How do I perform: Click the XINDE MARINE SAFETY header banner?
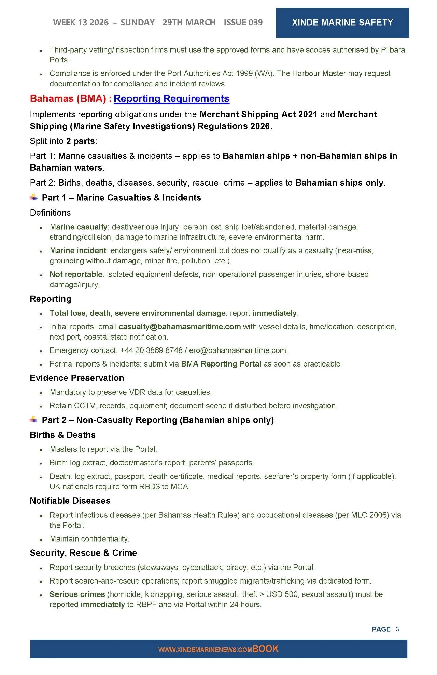(x=342, y=23)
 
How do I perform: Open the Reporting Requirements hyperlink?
(x=171, y=99)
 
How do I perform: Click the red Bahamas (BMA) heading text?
(x=68, y=99)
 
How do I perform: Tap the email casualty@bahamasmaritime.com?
(x=180, y=327)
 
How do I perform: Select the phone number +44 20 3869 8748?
(x=151, y=350)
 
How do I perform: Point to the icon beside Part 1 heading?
(x=34, y=197)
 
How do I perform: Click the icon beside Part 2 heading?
(x=34, y=420)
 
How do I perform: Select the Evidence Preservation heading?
(x=77, y=378)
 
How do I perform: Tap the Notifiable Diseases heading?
(x=70, y=501)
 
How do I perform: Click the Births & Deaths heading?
(x=62, y=435)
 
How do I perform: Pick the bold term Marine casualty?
(x=79, y=227)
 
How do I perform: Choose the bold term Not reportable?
(x=76, y=274)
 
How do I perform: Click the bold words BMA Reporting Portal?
(x=221, y=364)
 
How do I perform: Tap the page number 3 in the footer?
(x=397, y=629)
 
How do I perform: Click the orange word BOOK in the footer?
(x=266, y=649)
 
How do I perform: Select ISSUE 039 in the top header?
(x=243, y=23)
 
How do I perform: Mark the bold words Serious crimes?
(x=77, y=594)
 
